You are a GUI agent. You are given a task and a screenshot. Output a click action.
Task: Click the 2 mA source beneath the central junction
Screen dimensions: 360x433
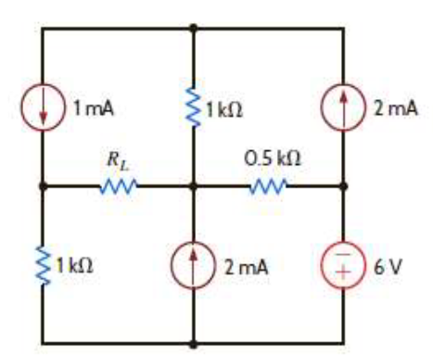[x=194, y=265]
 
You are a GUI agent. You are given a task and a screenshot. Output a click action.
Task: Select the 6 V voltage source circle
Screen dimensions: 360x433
[x=345, y=265]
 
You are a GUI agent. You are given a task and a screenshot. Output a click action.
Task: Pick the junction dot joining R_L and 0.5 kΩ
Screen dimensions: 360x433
[x=194, y=186]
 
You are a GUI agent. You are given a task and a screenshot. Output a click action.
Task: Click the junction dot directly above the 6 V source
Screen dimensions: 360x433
[x=345, y=186]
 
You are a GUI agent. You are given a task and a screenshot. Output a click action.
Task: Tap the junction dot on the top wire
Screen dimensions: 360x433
[x=194, y=28]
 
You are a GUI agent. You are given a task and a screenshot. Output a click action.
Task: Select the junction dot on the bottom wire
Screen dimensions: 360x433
[x=194, y=344]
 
